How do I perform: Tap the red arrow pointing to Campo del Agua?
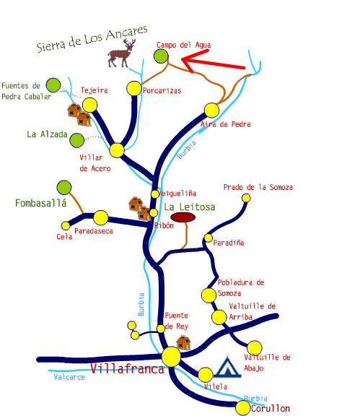[212, 63]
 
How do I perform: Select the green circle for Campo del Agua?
[161, 56]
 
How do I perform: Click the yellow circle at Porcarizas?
[134, 88]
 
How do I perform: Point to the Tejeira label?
[95, 90]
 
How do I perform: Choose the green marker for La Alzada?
[77, 140]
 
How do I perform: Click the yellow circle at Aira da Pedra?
[211, 110]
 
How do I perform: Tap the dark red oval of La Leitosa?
[183, 217]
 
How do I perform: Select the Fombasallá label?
[41, 203]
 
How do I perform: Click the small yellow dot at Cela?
[66, 226]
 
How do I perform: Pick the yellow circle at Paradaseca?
[101, 217]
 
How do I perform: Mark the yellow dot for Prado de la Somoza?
[246, 198]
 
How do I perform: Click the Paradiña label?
[229, 243]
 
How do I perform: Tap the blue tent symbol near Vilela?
[227, 367]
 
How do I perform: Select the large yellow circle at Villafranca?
[171, 357]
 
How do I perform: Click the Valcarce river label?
[69, 377]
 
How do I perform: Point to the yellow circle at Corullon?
[243, 408]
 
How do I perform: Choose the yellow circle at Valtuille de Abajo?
[255, 348]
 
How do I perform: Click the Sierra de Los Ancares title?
[92, 39]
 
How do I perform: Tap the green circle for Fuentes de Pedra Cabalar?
[53, 85]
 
